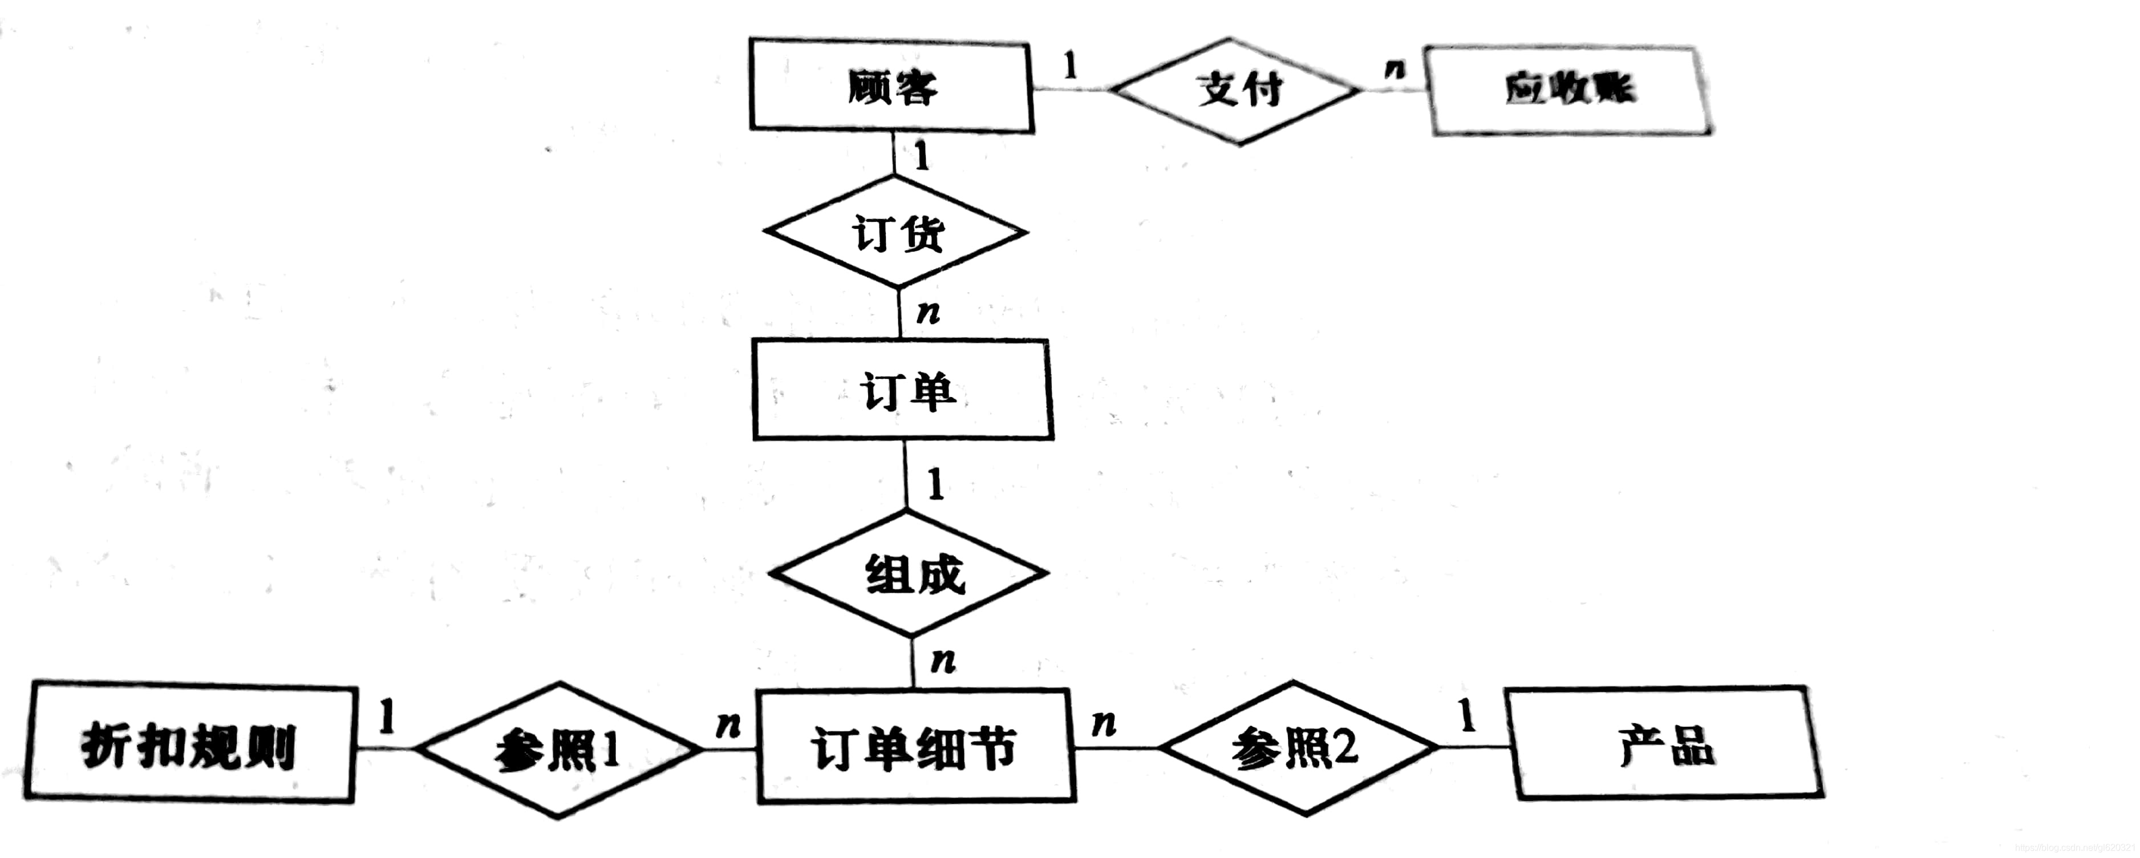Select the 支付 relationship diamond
[x=1238, y=90]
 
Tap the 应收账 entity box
[x=1568, y=90]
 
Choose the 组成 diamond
[x=910, y=573]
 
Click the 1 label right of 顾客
[x=1070, y=65]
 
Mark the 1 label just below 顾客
[x=921, y=155]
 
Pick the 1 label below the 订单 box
[x=935, y=483]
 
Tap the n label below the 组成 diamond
[x=943, y=661]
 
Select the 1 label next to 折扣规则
[x=386, y=716]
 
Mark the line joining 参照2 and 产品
[x=1474, y=747]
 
